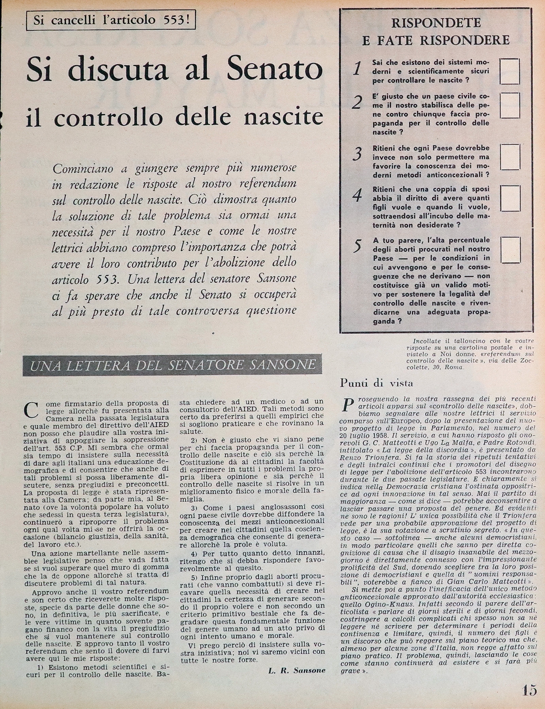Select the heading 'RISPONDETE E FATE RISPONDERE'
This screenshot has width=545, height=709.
(x=436, y=32)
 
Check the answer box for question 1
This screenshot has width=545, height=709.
(x=510, y=71)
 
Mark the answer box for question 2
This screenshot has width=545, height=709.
(x=510, y=106)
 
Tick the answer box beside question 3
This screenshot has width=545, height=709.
(x=510, y=157)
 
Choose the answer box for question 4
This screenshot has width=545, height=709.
(x=510, y=199)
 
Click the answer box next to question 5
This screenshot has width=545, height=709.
(x=510, y=250)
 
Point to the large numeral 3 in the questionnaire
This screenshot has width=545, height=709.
(x=358, y=153)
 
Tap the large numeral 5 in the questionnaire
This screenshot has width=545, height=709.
(x=357, y=246)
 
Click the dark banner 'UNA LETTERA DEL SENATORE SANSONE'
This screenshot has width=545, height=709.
(x=173, y=365)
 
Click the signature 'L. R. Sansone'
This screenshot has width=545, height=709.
(x=297, y=670)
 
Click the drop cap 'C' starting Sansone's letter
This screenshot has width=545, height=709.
(x=31, y=410)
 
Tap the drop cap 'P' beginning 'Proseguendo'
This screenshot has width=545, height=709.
(x=348, y=404)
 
